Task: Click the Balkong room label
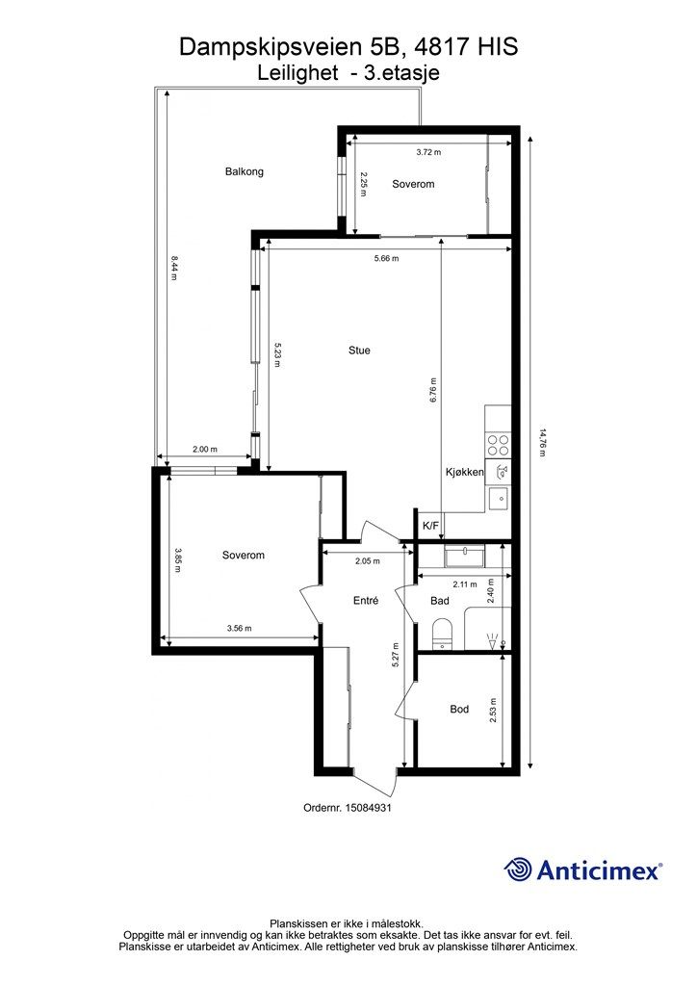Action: [244, 171]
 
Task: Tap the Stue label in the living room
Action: [359, 350]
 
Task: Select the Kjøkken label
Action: [464, 472]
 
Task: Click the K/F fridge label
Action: [430, 526]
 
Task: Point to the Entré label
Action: [366, 601]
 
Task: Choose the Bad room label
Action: [440, 601]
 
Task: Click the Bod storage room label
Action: [459, 710]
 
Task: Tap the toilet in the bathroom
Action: [443, 634]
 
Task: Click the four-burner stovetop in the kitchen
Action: [499, 446]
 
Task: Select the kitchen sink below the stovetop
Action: [499, 498]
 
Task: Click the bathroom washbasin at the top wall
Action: [464, 557]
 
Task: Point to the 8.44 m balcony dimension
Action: [174, 268]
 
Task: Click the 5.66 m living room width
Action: [386, 258]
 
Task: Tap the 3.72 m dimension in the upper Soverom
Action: [428, 152]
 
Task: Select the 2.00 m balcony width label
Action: [204, 449]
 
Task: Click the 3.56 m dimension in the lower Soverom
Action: [239, 628]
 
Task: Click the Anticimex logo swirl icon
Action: [518, 869]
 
